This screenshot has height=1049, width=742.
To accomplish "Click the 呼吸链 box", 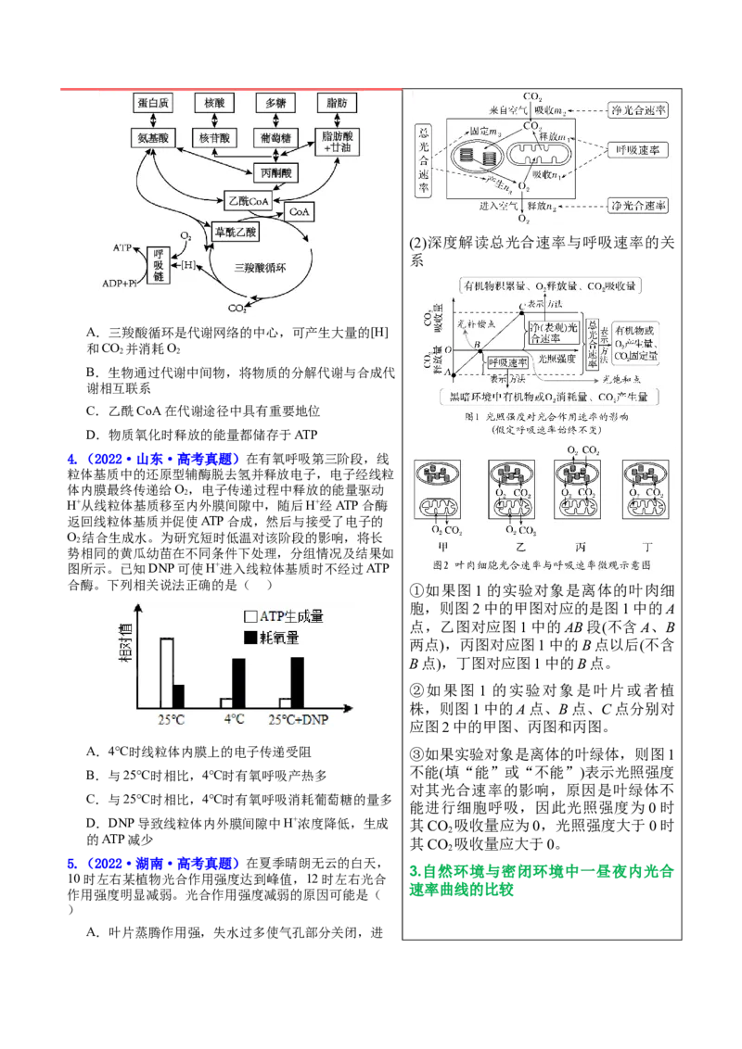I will pyautogui.click(x=159, y=265).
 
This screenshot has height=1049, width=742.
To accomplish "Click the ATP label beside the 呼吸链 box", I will pyautogui.click(x=122, y=248).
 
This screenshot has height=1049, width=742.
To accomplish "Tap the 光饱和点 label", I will pyautogui.click(x=620, y=379).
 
